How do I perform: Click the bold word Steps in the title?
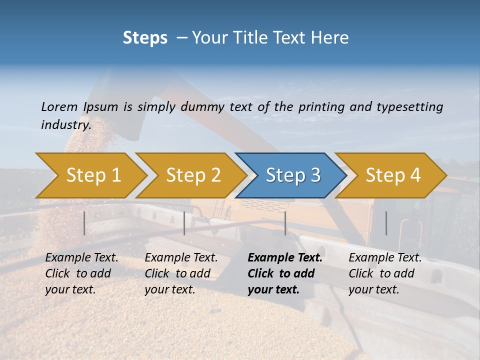coord(145,37)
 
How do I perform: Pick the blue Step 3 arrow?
coord(292,175)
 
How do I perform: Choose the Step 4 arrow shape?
coord(392,175)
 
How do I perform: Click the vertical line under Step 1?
coord(84,223)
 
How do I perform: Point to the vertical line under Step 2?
coord(184,223)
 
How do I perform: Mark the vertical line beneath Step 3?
coord(285,223)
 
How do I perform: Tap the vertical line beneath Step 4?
coord(386,223)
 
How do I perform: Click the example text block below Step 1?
coord(81,273)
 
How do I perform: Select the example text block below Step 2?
coord(181,273)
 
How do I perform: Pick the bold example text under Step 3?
coord(284,273)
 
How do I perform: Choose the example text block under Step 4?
coord(385,273)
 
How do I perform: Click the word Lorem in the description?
coord(59,106)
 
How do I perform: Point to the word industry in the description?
coord(65,125)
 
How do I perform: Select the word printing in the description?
coord(320,106)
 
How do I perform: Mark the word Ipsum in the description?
coord(100,106)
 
